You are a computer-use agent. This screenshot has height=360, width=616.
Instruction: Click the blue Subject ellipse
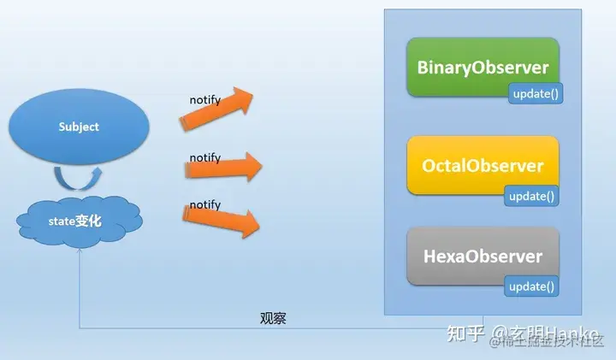coord(78,127)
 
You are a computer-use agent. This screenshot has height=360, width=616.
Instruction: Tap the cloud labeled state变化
coord(80,221)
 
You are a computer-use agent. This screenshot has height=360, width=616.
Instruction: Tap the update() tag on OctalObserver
coord(532,196)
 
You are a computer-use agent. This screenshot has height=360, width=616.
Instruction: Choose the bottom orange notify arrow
coord(221,221)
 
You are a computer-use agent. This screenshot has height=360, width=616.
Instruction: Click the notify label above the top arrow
coord(204,100)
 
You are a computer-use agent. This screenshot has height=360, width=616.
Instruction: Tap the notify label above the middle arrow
coord(204,157)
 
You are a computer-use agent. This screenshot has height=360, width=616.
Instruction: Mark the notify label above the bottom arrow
coord(204,205)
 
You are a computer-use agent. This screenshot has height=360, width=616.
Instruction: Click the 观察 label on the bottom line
coord(273,318)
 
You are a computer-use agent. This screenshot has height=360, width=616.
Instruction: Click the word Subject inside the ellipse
coord(79,127)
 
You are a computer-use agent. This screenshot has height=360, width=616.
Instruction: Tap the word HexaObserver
coord(482,257)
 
